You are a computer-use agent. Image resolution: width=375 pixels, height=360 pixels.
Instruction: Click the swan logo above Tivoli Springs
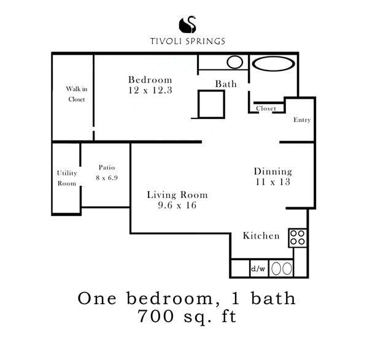pyautogui.click(x=187, y=25)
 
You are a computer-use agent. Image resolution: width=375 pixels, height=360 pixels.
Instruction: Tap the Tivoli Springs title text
pyautogui.click(x=187, y=42)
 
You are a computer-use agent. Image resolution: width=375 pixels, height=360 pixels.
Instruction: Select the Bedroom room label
pyautogui.click(x=150, y=80)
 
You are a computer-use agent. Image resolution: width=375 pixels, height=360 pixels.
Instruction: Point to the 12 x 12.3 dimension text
pyautogui.click(x=150, y=90)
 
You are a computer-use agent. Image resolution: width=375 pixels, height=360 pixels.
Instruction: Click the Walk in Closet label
pyautogui.click(x=76, y=94)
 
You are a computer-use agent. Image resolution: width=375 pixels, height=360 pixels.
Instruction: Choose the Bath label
pyautogui.click(x=226, y=83)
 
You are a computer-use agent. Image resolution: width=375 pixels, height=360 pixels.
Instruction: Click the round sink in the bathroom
pyautogui.click(x=234, y=62)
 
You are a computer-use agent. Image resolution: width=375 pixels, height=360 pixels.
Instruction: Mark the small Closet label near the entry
pyautogui.click(x=266, y=109)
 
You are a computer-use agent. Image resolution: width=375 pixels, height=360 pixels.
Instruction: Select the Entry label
pyautogui.click(x=302, y=120)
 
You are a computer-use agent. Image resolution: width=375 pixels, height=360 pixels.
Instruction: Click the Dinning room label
pyautogui.click(x=273, y=172)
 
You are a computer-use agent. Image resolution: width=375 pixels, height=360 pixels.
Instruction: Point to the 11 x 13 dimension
pyautogui.click(x=273, y=182)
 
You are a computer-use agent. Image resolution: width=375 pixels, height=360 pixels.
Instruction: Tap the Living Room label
pyautogui.click(x=177, y=195)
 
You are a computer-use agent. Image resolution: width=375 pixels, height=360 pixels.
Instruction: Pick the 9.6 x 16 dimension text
pyautogui.click(x=177, y=205)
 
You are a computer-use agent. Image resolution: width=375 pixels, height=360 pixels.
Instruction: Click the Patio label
pyautogui.click(x=106, y=167)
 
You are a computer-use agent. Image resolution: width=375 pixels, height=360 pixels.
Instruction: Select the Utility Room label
pyautogui.click(x=66, y=178)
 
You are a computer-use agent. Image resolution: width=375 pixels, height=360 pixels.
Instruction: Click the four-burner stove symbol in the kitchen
pyautogui.click(x=298, y=238)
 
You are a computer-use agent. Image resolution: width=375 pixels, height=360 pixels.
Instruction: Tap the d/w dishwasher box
pyautogui.click(x=258, y=269)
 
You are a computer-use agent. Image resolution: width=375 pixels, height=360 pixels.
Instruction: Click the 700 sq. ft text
pyautogui.click(x=187, y=317)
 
